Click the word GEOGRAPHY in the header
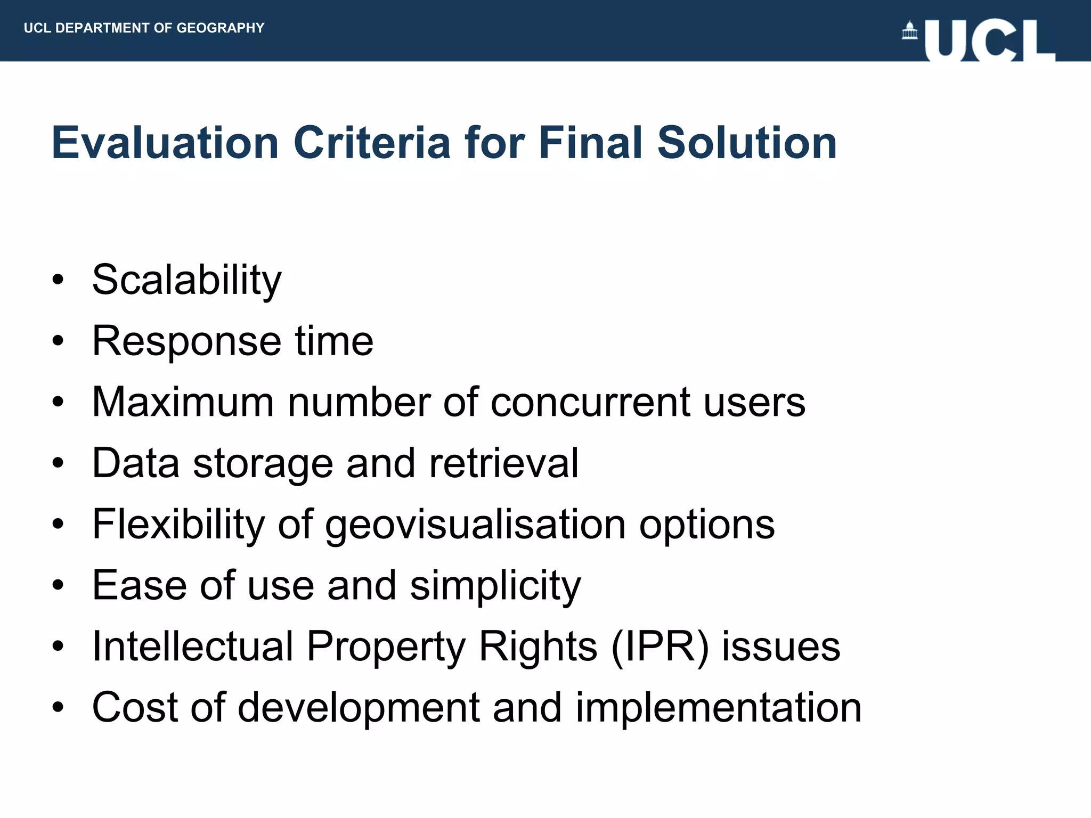click(x=221, y=28)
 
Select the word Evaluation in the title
click(x=165, y=143)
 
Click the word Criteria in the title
click(x=372, y=143)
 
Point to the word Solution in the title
click(x=747, y=143)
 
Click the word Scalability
click(x=186, y=280)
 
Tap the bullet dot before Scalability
click(x=58, y=279)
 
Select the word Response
click(x=186, y=341)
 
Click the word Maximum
click(x=183, y=402)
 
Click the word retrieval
click(x=503, y=463)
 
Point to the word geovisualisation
click(x=475, y=525)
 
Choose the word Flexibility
click(x=178, y=525)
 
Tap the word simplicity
click(x=495, y=586)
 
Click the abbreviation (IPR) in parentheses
click(x=660, y=647)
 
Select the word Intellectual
click(x=193, y=647)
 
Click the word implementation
click(x=718, y=707)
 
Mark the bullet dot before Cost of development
click(x=58, y=707)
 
